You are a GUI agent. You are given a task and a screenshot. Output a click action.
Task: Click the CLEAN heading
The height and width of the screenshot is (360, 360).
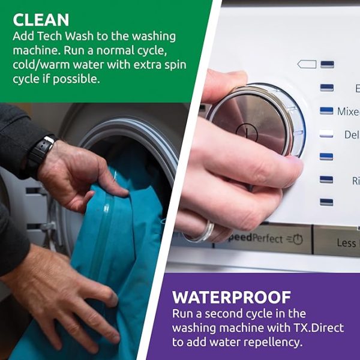pos(41,19)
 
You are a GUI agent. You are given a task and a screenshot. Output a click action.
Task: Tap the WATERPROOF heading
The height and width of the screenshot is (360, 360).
pos(231,297)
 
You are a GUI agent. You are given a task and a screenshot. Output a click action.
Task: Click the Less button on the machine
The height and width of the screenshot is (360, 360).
pos(346,242)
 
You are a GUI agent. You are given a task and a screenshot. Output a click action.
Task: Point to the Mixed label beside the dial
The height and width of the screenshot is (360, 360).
pos(348,112)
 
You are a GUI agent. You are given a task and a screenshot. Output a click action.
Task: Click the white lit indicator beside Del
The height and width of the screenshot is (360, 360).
pos(326,134)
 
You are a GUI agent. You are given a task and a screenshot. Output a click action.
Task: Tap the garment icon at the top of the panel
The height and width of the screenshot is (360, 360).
pos(307,64)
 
